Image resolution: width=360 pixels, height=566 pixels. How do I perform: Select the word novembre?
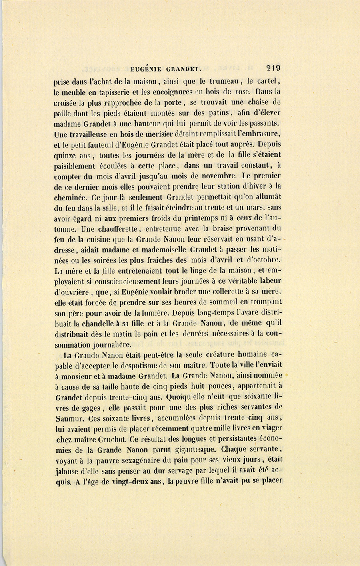[217, 175]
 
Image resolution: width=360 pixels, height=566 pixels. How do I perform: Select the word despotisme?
[145, 365]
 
